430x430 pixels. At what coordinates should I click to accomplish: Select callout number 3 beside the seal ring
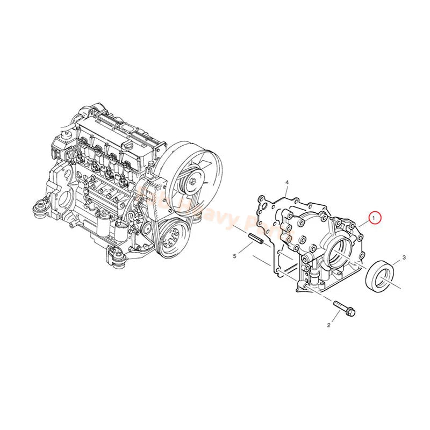click(404, 259)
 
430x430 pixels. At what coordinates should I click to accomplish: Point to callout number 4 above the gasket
click(287, 183)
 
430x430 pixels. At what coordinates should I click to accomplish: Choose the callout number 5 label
click(235, 256)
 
